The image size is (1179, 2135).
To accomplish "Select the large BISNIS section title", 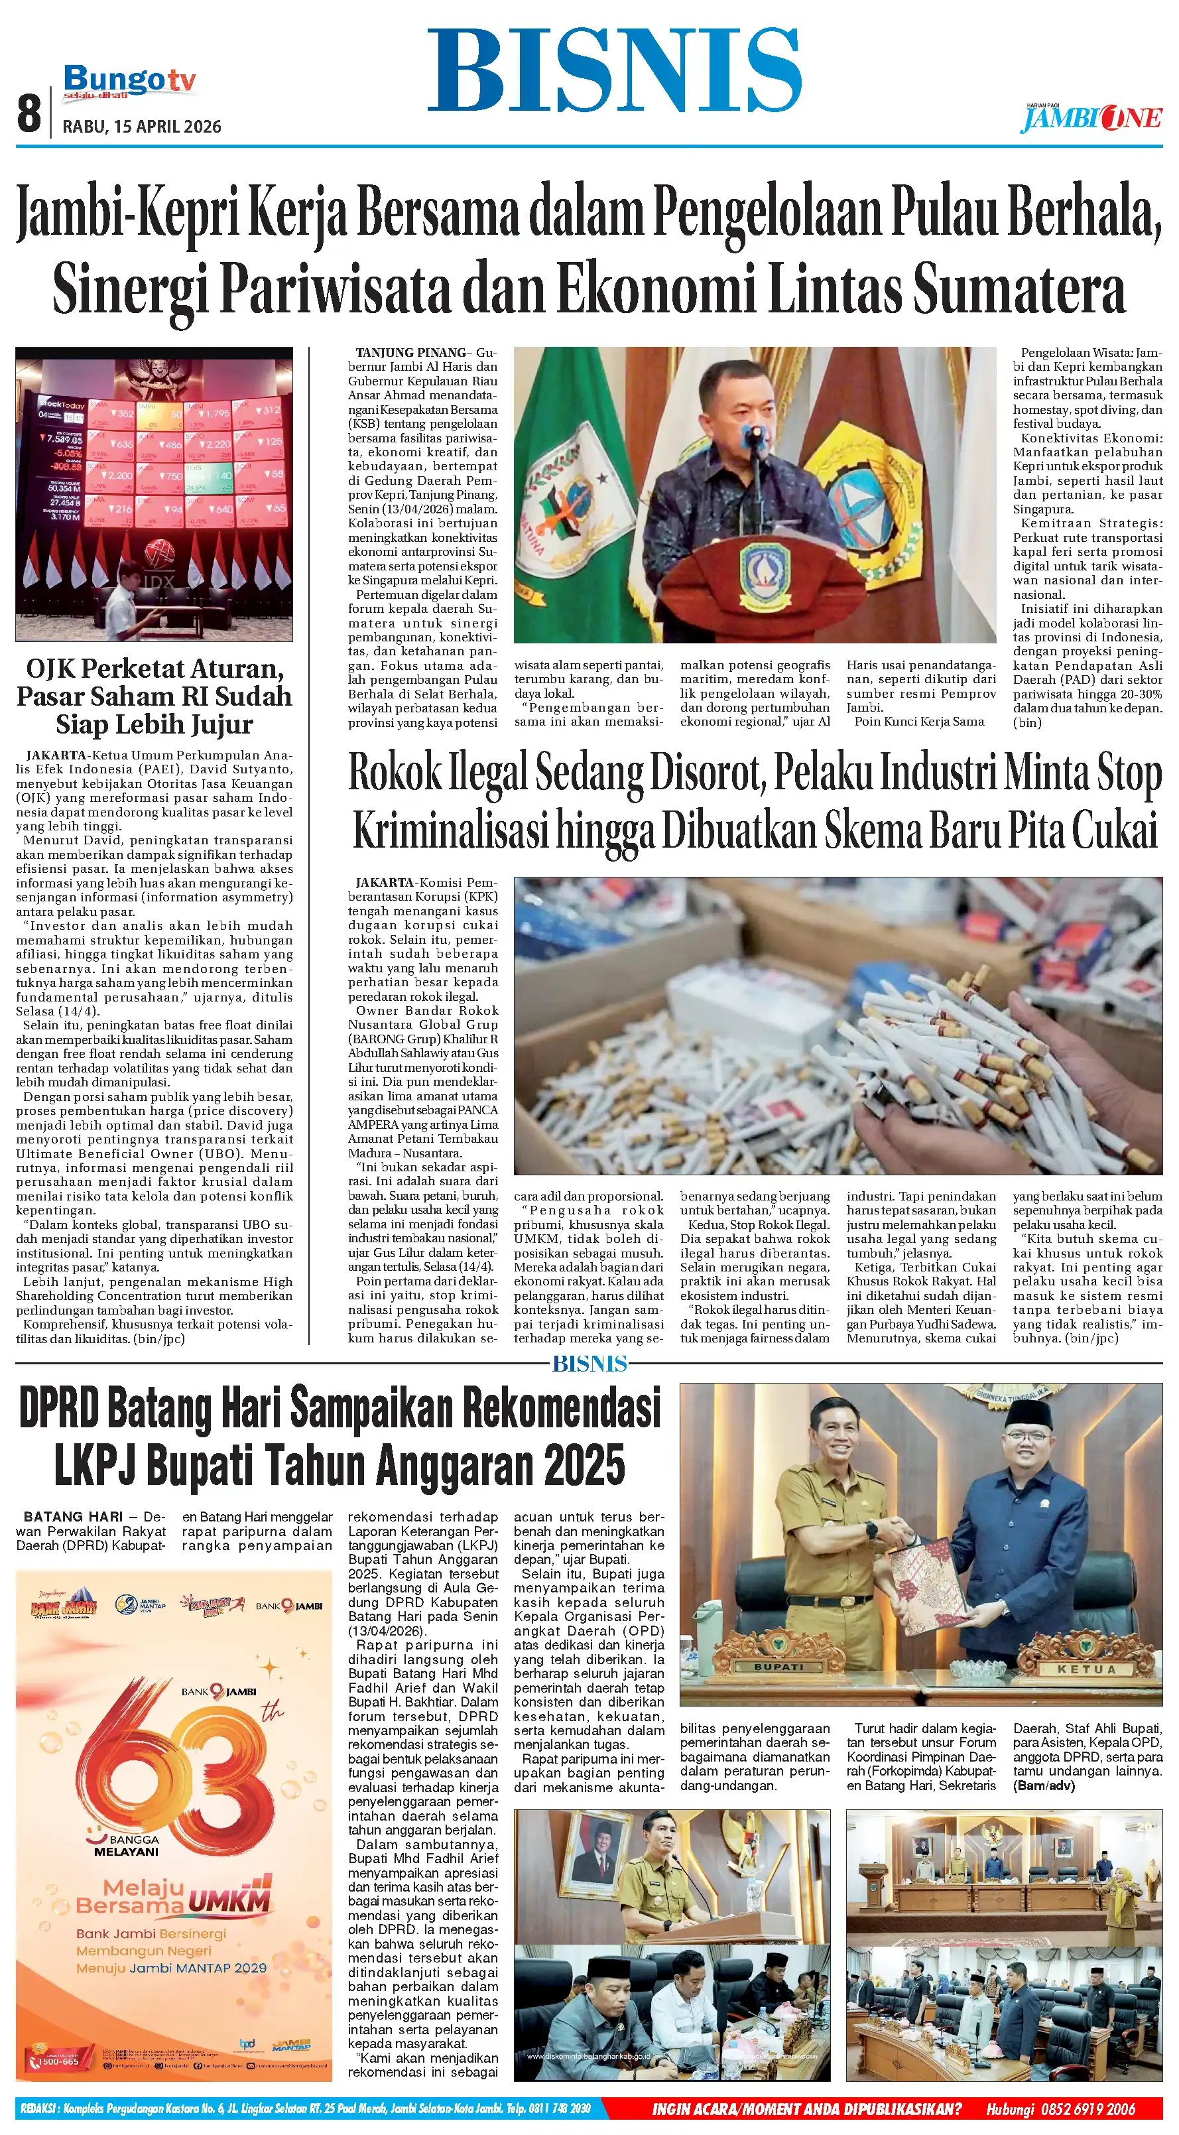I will (614, 71).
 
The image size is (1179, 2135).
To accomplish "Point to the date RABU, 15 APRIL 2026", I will (143, 127).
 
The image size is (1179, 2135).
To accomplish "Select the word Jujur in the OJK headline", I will (212, 724).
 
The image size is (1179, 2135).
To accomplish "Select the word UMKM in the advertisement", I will (229, 1900).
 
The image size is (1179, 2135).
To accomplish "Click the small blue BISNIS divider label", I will (590, 1364).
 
